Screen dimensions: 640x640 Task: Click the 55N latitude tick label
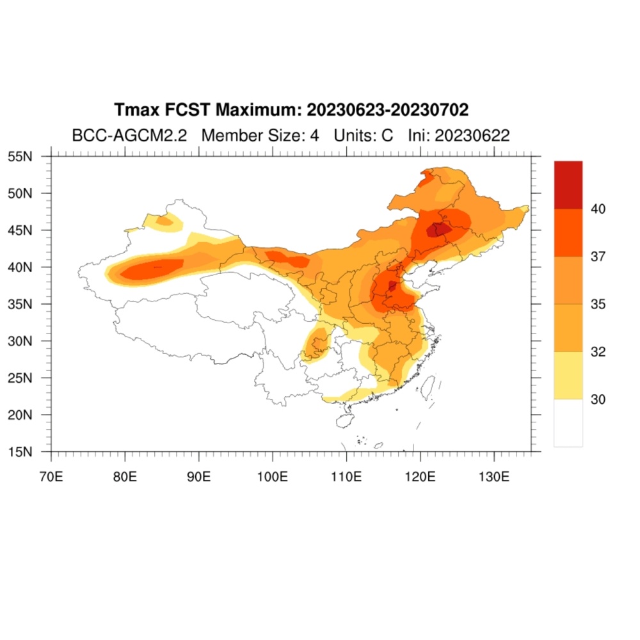point(20,156)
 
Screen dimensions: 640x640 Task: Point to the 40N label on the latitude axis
point(20,268)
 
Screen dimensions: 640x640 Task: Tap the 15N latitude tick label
point(20,452)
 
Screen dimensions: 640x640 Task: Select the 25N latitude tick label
point(20,378)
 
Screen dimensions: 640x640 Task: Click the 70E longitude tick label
point(51,476)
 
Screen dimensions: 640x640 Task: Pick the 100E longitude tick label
point(272,476)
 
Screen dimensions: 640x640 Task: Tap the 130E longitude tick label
point(494,476)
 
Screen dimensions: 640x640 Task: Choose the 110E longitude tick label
point(346,476)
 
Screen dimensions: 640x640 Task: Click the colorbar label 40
point(598,209)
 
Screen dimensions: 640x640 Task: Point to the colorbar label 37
point(598,257)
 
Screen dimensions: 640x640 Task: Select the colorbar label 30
point(598,399)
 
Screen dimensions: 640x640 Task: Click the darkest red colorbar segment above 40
point(568,185)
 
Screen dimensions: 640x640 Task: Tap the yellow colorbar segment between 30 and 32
point(568,376)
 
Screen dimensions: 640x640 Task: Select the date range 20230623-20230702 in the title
point(387,110)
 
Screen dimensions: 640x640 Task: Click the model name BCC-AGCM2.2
point(129,136)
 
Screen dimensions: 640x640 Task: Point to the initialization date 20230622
point(472,136)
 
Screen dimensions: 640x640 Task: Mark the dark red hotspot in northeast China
point(438,230)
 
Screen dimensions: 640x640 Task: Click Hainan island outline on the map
point(345,420)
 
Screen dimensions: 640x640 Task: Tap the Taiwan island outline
point(428,388)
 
